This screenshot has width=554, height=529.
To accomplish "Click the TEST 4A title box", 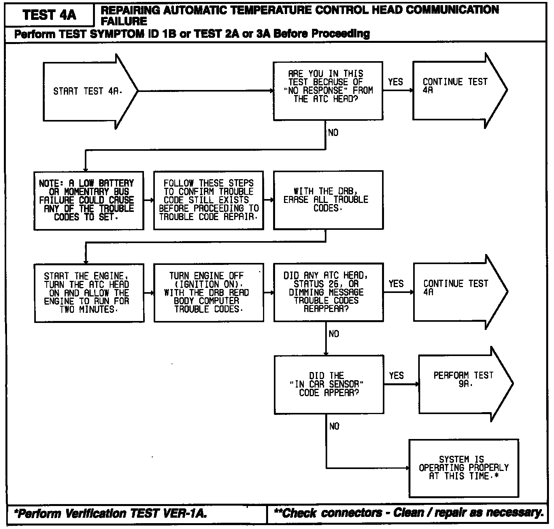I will (49, 15).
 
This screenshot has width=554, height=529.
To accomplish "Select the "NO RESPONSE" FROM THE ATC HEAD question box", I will (328, 90).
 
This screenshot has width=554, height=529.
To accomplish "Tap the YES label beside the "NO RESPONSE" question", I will (395, 82).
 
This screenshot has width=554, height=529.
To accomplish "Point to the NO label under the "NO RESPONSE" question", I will (333, 133).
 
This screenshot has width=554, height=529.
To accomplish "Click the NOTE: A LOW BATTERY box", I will (88, 200).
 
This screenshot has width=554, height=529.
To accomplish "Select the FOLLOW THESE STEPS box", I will (209, 200).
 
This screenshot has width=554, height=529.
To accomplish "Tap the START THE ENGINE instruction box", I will (89, 293).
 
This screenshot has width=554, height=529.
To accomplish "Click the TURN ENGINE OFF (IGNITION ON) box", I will (209, 293).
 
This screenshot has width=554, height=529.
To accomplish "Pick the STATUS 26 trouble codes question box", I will (328, 292).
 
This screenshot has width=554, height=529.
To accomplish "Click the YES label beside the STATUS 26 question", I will (396, 284).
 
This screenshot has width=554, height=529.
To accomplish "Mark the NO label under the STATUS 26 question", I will (334, 334).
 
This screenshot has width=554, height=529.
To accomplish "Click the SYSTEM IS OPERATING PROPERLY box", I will (463, 468).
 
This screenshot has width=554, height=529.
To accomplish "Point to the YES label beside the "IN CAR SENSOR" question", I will (396, 376).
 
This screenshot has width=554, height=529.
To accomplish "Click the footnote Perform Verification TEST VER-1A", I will (110, 514).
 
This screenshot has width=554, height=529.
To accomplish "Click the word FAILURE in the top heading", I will (124, 21).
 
